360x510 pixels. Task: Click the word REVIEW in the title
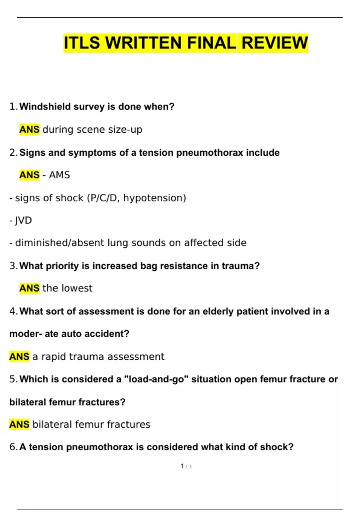(274, 43)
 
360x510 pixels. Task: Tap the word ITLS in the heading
(81, 43)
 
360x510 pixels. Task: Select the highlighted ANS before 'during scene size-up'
(29, 130)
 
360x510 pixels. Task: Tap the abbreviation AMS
(59, 175)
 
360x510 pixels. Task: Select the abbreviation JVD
(23, 220)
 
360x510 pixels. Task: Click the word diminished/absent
(59, 243)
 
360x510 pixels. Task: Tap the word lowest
(77, 288)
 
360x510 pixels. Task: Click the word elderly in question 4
(218, 311)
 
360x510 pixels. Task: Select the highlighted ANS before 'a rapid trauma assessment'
(19, 357)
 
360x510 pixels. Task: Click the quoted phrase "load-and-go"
(156, 379)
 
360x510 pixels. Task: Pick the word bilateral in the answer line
(52, 424)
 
